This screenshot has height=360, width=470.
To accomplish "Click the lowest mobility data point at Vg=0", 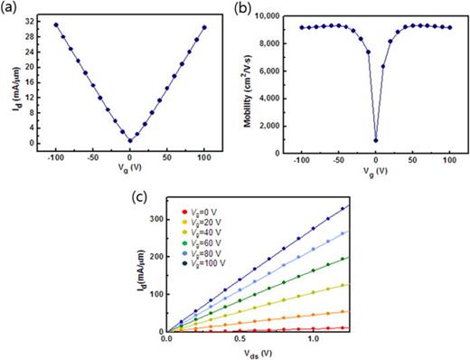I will (375, 140).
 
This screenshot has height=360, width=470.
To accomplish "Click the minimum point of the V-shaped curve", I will (129, 140).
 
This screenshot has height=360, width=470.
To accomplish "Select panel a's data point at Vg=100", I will (204, 27).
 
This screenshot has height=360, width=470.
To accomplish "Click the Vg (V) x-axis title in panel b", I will (375, 169).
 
